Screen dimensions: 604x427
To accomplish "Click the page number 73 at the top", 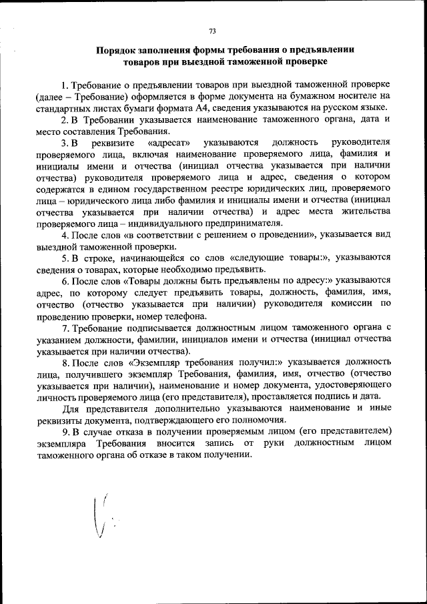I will (213, 31).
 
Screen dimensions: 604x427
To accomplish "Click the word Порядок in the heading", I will (119, 50).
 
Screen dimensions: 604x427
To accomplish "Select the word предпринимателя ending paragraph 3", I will (242, 224).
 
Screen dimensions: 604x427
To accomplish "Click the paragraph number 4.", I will (64, 236).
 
